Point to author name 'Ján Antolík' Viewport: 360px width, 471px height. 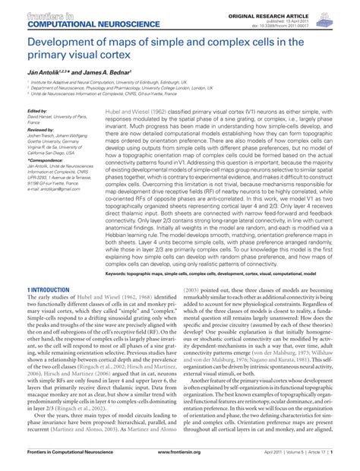44,71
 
